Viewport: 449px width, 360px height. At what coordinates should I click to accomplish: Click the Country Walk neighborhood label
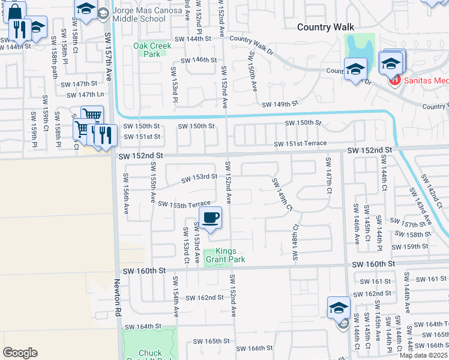tap(326, 27)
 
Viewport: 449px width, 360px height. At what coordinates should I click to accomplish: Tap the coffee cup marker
tap(210, 217)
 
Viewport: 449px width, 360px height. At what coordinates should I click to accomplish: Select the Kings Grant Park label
tap(226, 256)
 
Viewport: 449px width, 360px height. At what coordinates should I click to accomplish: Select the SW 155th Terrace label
tap(184, 204)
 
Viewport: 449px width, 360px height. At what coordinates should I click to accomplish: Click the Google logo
tap(20, 352)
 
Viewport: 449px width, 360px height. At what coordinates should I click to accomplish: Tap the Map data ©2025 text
tap(423, 355)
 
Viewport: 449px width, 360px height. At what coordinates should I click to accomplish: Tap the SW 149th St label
tap(280, 104)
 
